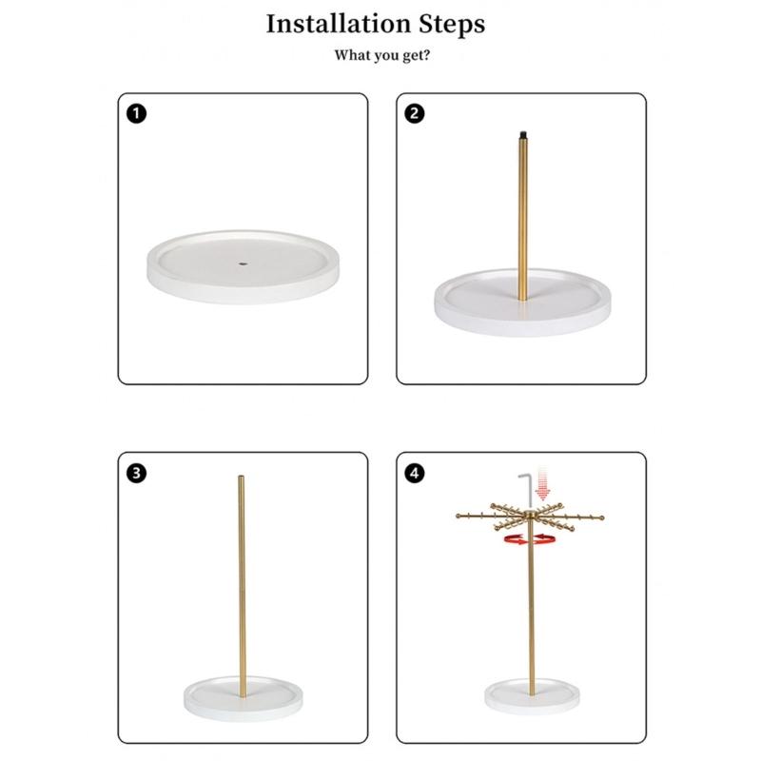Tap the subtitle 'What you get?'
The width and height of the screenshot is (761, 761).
(x=382, y=55)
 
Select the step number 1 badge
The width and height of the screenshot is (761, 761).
(x=136, y=113)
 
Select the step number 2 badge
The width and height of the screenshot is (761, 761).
(x=415, y=113)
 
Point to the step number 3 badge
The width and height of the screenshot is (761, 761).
(x=136, y=473)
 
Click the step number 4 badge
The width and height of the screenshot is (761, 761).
(x=415, y=473)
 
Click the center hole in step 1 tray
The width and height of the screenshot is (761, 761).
(x=244, y=264)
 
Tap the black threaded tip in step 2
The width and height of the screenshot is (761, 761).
(x=522, y=133)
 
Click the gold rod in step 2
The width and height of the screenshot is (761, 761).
(x=522, y=219)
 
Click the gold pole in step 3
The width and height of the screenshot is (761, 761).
(x=242, y=587)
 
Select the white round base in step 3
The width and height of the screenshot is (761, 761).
(x=244, y=698)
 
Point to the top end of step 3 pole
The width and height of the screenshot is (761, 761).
(x=242, y=477)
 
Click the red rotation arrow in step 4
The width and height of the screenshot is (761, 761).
(x=530, y=538)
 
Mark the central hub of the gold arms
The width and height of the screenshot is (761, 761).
(x=531, y=516)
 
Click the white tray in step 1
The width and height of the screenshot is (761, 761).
(x=244, y=267)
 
